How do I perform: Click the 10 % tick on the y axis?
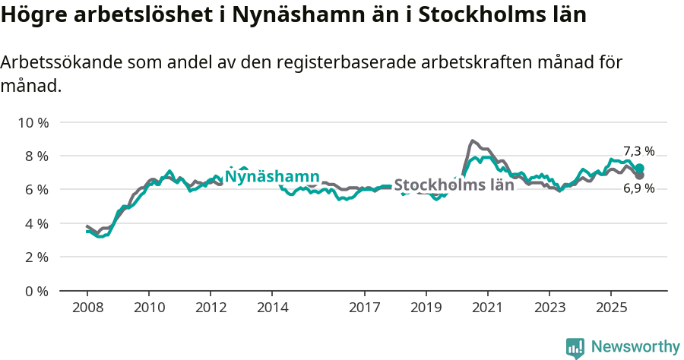(32, 122)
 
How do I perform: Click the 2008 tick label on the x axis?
(87, 308)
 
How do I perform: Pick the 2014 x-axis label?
(272, 308)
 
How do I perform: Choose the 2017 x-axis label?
(364, 308)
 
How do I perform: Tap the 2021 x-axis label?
(487, 308)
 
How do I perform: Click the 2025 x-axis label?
(610, 308)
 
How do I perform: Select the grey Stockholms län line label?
(454, 185)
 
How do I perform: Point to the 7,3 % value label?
(638, 151)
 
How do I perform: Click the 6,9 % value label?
(638, 188)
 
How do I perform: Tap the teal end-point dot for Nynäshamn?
(639, 169)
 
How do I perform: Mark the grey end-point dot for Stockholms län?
(639, 175)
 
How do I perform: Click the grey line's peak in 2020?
(472, 141)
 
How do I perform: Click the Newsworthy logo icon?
(575, 348)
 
